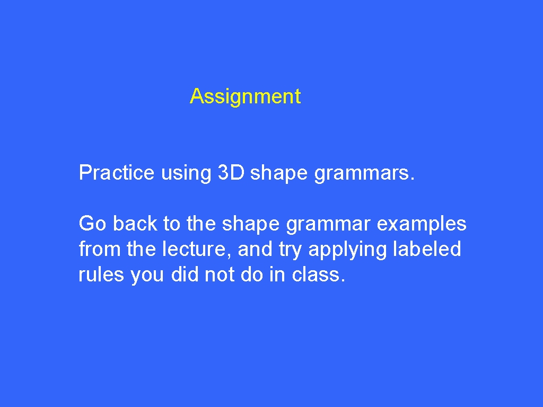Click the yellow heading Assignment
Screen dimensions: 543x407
tap(245, 96)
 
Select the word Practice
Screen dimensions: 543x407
tap(116, 172)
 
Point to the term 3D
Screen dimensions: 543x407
tap(231, 172)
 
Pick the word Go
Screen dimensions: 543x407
tap(92, 223)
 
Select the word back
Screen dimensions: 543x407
tap(135, 223)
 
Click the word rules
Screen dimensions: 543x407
tap(101, 275)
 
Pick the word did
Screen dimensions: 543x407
tap(184, 275)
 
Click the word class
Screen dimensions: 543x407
tap(316, 275)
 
